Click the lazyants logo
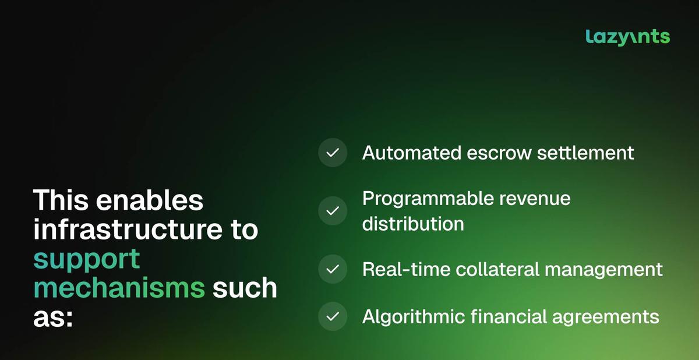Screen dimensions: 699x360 [627, 37]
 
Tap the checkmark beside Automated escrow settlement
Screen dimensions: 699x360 [333, 153]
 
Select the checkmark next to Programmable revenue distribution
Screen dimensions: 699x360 [333, 211]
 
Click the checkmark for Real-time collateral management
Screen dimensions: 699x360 [333, 269]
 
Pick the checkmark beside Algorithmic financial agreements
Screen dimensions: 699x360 [333, 316]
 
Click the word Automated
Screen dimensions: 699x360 [412, 153]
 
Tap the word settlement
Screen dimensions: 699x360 [585, 153]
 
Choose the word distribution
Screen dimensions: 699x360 [413, 224]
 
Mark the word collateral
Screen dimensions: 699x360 [497, 269]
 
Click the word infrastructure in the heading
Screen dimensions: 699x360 [128, 228]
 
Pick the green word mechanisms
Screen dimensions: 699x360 [119, 287]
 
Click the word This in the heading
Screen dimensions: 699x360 [61, 200]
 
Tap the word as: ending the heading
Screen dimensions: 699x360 [53, 318]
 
